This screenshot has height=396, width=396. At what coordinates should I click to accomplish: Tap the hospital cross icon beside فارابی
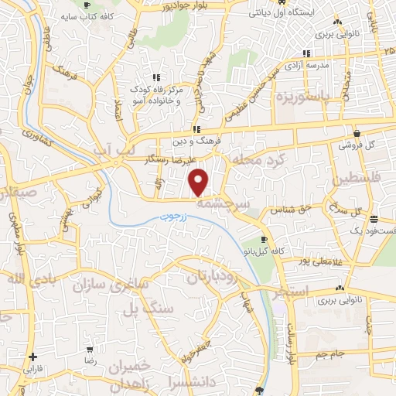click(32, 357)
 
